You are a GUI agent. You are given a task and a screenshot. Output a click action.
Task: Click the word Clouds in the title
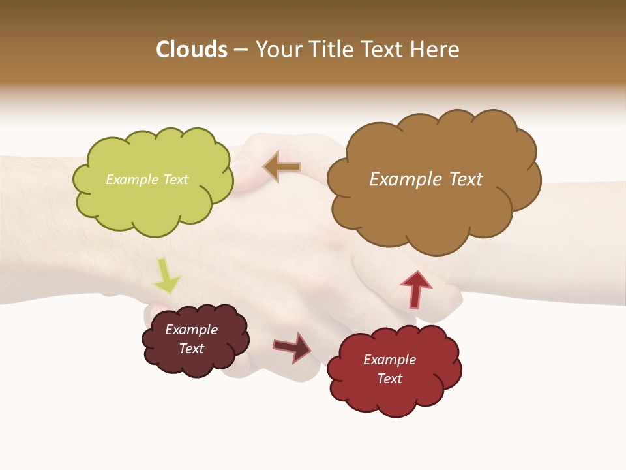coord(192,50)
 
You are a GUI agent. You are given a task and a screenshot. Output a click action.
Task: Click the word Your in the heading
coord(278,50)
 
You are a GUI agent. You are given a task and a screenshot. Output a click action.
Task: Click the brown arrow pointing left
coord(282,167)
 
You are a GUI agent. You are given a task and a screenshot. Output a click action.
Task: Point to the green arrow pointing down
coord(166,276)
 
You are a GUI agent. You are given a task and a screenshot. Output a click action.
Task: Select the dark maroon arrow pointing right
coord(293,347)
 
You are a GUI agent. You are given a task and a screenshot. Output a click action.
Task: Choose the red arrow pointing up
coord(415,289)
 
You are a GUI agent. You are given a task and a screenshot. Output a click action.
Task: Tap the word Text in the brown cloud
coord(461,180)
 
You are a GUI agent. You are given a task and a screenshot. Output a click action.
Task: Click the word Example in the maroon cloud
coord(191,330)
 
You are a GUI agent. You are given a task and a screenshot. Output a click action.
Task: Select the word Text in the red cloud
coord(389,379)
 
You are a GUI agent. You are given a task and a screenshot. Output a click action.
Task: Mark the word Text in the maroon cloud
coord(191,349)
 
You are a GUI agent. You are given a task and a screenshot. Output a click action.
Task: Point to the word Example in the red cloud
coord(389,360)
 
